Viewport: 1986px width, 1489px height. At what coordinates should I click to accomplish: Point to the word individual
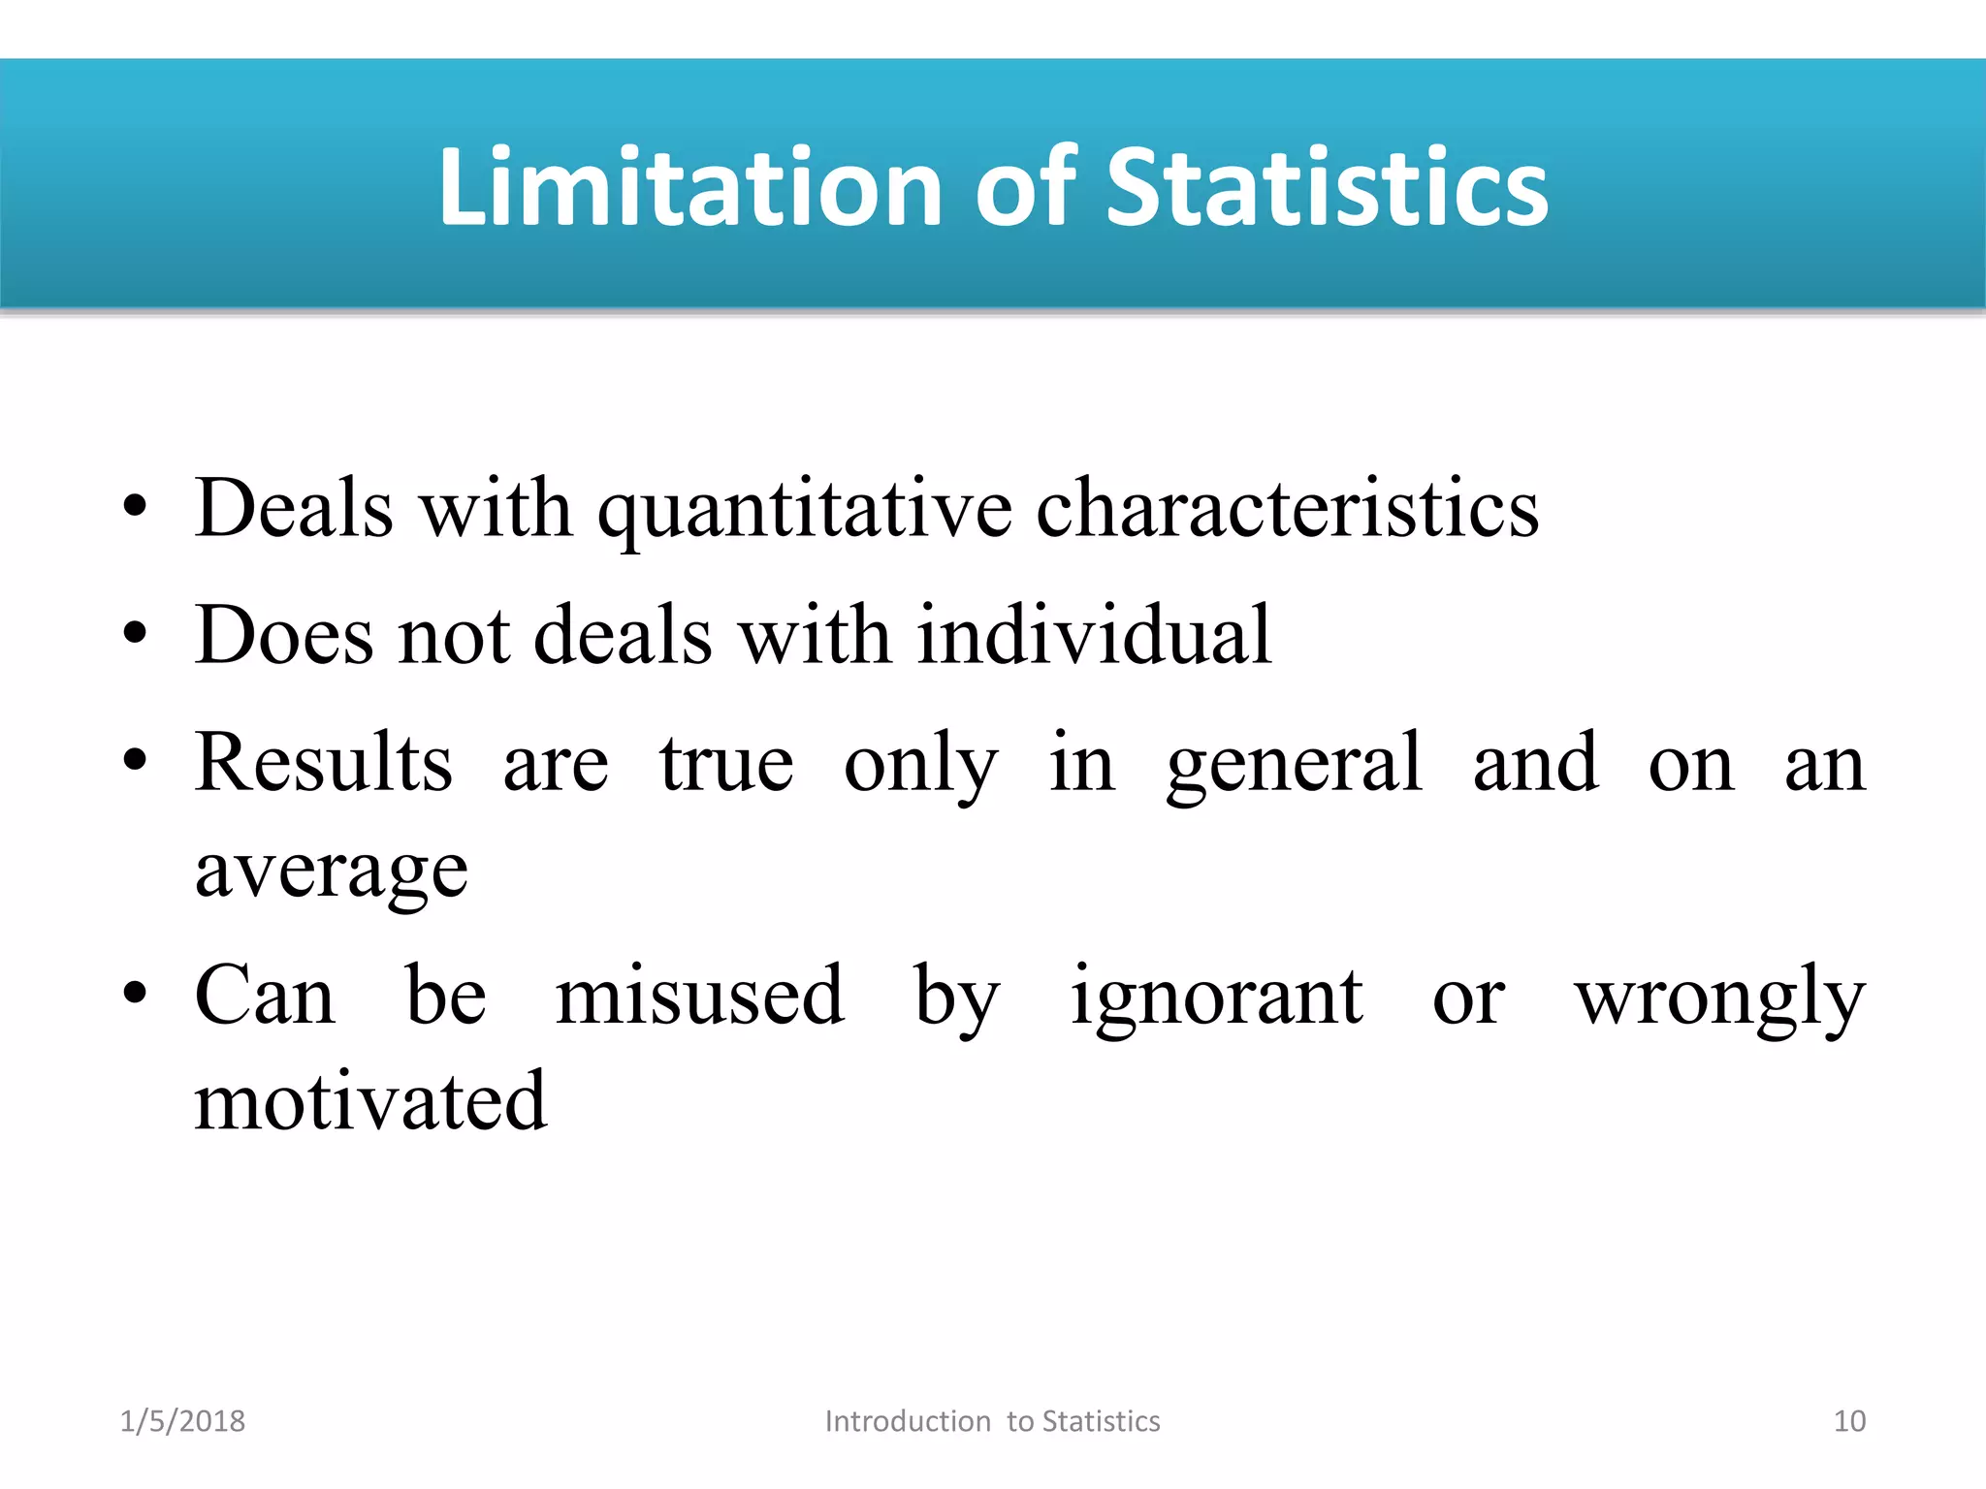[1094, 635]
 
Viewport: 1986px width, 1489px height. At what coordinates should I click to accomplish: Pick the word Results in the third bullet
[324, 763]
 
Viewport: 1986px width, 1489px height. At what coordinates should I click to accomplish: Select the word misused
[700, 996]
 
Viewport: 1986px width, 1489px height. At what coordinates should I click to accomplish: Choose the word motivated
[370, 1102]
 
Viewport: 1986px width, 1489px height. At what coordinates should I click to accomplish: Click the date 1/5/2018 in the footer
[182, 1421]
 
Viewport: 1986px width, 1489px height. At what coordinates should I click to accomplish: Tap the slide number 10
[1849, 1421]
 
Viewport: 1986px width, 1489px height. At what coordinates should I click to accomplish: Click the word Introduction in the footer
[908, 1421]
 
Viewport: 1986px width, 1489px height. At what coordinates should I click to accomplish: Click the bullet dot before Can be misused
[135, 994]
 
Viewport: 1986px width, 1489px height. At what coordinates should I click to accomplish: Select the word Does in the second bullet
[284, 635]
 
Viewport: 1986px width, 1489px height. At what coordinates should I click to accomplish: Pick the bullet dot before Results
[135, 760]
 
